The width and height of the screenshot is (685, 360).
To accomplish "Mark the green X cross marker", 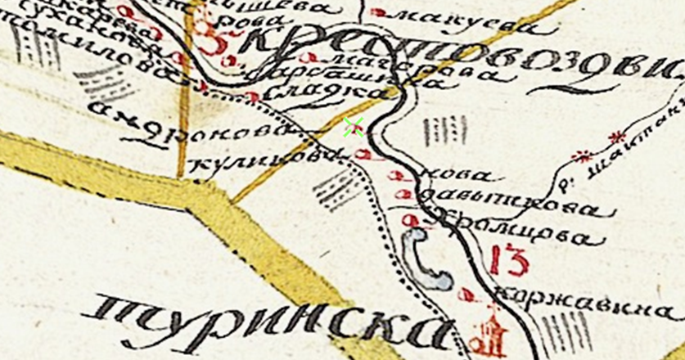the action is coord(354,127).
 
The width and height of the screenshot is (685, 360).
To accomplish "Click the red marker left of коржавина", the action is coord(468,293).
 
